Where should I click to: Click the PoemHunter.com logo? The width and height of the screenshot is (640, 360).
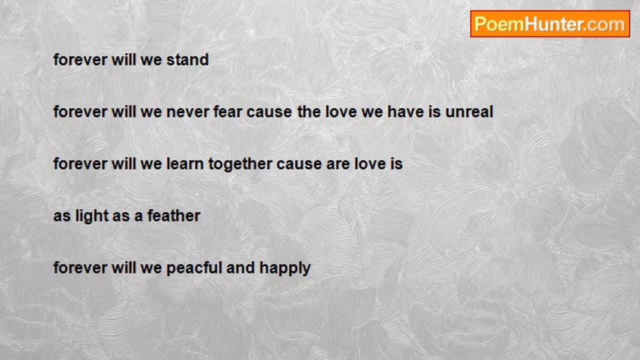550,24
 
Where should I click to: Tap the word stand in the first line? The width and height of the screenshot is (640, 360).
187,59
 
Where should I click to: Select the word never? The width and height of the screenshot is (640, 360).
187,111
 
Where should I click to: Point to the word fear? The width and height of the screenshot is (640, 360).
228,111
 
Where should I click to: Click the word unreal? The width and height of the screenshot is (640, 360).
469,111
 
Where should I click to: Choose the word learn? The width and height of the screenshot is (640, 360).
185,163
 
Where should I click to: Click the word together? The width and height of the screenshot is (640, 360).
240,164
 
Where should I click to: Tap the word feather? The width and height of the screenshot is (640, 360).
173,215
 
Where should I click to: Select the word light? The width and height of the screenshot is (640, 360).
91,216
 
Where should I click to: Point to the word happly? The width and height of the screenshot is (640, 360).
285,268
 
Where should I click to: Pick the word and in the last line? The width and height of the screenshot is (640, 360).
240,267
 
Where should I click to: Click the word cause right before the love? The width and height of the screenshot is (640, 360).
269,112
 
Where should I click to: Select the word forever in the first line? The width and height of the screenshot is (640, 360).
80,59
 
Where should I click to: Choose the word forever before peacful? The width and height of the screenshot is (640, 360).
80,267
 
